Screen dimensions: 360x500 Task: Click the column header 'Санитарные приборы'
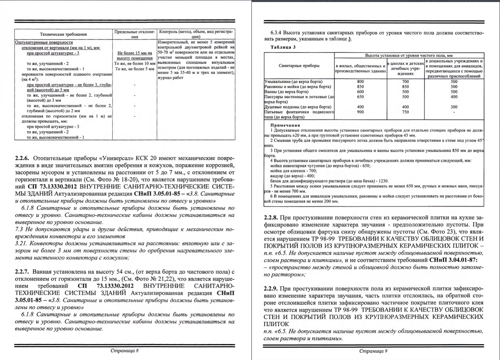(x=299, y=65)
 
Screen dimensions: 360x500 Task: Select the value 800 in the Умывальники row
(x=360, y=81)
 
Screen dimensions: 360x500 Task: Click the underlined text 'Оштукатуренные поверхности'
(x=44, y=41)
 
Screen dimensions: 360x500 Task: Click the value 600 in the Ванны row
(x=360, y=92)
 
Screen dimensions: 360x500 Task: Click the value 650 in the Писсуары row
(x=360, y=97)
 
